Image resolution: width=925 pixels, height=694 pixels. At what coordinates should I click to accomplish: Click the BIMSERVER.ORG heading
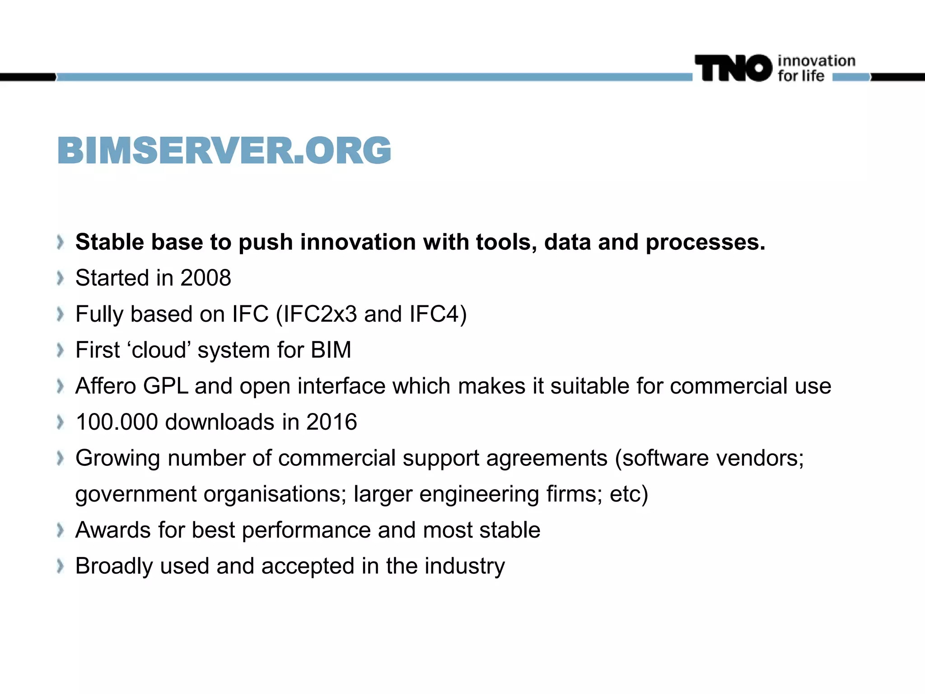point(224,150)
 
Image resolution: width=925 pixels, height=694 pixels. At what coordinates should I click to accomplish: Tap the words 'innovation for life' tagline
point(816,68)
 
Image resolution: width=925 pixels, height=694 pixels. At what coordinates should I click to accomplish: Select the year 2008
point(206,278)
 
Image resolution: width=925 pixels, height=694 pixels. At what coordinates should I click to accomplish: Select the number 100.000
point(117,422)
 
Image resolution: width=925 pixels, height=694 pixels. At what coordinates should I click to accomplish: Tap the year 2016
point(332,422)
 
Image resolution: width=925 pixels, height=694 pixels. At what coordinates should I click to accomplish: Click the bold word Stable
point(109,242)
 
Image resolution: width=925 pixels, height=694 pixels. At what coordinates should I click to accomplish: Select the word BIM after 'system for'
point(331,350)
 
